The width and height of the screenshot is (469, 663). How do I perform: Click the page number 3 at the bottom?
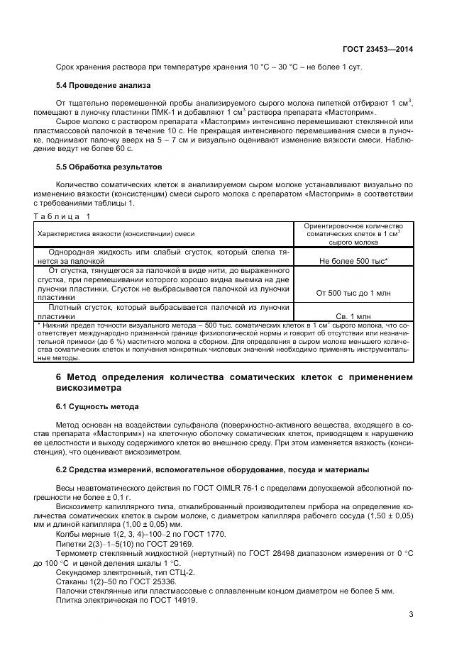411,615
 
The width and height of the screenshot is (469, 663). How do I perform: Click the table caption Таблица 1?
62,215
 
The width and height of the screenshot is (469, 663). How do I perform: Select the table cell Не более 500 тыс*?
353,261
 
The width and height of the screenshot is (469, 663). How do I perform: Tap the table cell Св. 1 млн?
353,316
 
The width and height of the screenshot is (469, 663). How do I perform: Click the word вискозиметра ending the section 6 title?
89,388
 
